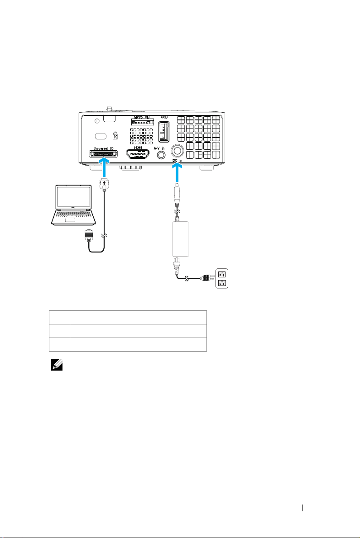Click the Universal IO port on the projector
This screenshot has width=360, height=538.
[104, 154]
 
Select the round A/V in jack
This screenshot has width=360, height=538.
[160, 155]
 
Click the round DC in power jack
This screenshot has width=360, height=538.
[177, 150]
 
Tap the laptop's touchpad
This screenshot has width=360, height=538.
[70, 220]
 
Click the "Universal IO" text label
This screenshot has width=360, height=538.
[104, 148]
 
